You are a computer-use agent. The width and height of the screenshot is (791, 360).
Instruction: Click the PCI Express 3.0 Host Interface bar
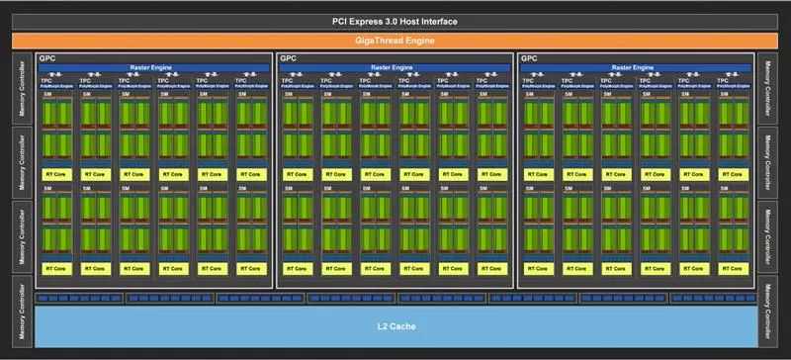pyautogui.click(x=395, y=22)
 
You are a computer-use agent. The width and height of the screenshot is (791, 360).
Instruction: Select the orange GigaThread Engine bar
pyautogui.click(x=395, y=41)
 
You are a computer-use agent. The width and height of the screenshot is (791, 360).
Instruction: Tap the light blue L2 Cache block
pyautogui.click(x=395, y=325)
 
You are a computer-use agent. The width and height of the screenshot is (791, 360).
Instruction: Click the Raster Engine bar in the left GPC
pyautogui.click(x=153, y=67)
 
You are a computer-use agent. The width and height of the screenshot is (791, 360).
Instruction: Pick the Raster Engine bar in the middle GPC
pyautogui.click(x=395, y=67)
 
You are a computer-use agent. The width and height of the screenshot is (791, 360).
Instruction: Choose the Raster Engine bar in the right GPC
pyautogui.click(x=638, y=67)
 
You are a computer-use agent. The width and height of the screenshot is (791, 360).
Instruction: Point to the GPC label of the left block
pyautogui.click(x=46, y=58)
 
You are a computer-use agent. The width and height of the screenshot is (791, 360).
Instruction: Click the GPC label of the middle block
pyautogui.click(x=288, y=58)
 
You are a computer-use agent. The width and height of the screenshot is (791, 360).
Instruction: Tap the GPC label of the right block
pyautogui.click(x=529, y=58)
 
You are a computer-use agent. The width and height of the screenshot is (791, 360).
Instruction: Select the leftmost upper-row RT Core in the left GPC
pyautogui.click(x=55, y=174)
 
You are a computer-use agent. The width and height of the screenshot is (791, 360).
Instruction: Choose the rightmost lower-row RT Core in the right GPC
pyautogui.click(x=735, y=268)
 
